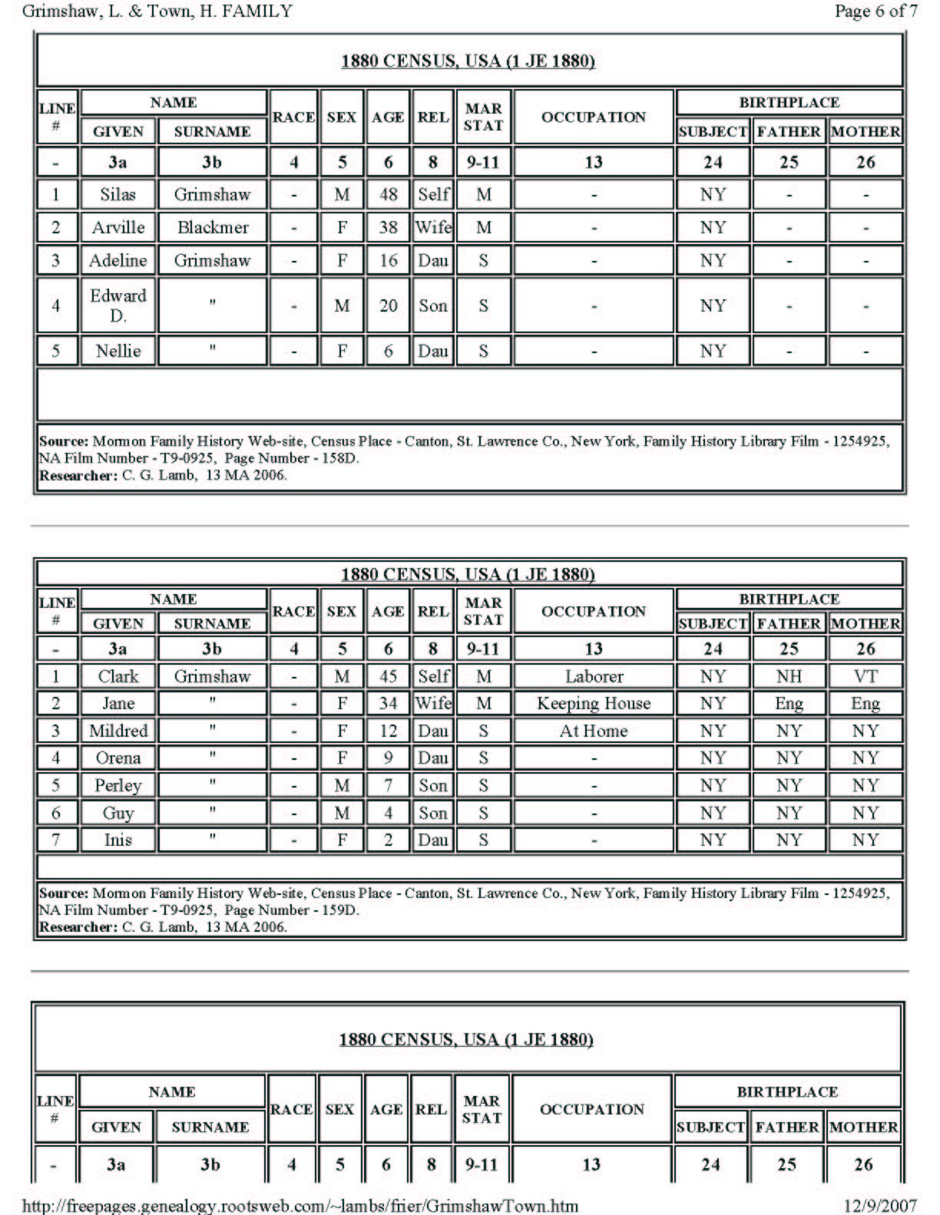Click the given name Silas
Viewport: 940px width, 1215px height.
[118, 194]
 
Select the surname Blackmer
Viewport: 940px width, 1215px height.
[212, 227]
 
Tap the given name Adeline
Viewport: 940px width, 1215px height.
[118, 260]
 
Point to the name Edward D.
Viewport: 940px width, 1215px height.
[118, 305]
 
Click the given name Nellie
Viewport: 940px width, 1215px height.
[118, 351]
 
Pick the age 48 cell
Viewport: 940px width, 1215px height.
[388, 194]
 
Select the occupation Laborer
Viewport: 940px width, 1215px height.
[594, 676]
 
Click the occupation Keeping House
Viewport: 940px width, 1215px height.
[594, 703]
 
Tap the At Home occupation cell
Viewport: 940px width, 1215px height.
[594, 731]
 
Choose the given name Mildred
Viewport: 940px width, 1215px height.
[118, 731]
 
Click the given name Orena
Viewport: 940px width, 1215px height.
[118, 758]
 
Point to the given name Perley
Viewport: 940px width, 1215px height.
[118, 785]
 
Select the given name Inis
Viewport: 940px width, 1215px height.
[118, 840]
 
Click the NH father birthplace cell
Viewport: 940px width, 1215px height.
[789, 676]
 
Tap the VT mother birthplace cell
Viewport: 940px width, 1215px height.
[865, 676]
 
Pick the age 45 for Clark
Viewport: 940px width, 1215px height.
[388, 676]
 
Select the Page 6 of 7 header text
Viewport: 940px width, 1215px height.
[875, 11]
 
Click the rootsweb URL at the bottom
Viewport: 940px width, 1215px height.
[300, 1205]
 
